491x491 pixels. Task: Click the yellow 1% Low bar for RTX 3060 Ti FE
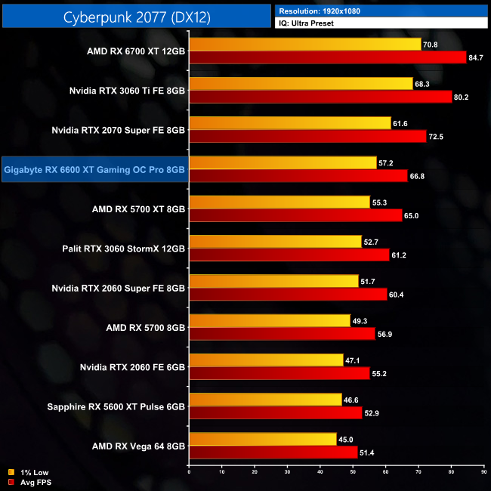(x=301, y=84)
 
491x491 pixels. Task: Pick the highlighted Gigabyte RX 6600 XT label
(x=94, y=170)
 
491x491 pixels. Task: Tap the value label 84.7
(x=476, y=57)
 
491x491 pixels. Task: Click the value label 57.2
(x=386, y=162)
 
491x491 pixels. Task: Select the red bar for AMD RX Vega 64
(x=273, y=452)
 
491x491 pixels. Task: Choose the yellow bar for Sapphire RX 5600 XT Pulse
(x=265, y=400)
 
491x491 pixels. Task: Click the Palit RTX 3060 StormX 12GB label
(x=124, y=249)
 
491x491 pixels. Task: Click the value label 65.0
(x=412, y=215)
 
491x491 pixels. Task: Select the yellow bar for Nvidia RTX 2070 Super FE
(x=290, y=123)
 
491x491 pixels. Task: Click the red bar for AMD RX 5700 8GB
(x=282, y=333)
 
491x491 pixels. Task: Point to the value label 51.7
(x=368, y=280)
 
